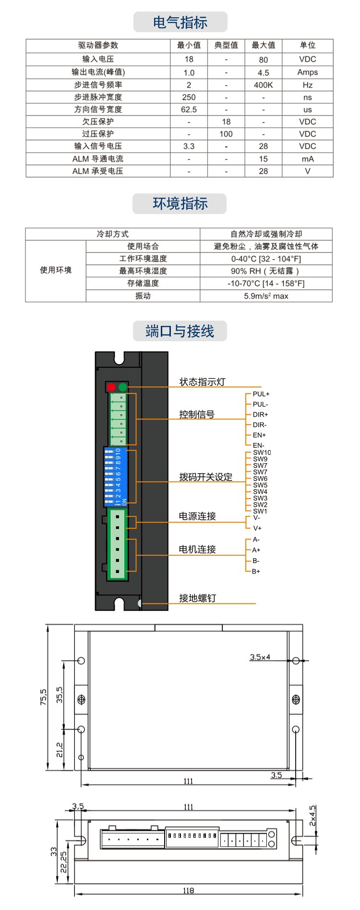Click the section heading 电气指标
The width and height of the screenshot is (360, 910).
180,22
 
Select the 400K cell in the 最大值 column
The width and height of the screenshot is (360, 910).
263,85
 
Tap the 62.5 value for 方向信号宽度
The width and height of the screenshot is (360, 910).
189,109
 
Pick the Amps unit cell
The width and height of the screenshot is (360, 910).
307,72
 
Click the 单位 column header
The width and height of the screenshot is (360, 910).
307,45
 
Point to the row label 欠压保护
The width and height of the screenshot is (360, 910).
98,121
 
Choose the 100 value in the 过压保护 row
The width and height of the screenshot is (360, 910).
226,134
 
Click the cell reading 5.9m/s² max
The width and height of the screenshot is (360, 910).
266,296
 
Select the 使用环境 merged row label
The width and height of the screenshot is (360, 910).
56,270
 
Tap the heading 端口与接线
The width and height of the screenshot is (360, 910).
180,331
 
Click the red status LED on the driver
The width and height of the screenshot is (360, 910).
111,387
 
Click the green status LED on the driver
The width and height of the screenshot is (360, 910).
123,387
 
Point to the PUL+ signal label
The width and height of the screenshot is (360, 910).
261,394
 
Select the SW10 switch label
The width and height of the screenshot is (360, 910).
262,452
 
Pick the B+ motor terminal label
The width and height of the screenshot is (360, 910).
256,571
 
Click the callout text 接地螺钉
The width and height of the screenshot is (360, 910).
197,598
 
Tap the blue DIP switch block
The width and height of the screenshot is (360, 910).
116,477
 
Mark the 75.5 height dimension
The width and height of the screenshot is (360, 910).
43,697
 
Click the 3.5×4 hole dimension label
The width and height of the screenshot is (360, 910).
260,657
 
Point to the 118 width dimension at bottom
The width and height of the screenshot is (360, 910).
188,890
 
